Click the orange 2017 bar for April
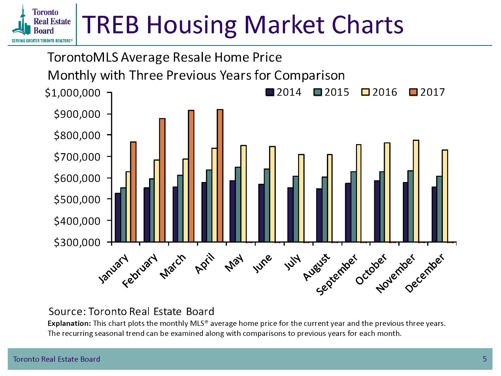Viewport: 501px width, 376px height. coord(220,175)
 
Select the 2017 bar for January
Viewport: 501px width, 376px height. coord(133,192)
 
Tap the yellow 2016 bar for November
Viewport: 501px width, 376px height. coord(416,191)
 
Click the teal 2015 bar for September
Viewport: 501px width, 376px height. coord(353,207)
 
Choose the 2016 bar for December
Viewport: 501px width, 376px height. coord(445,196)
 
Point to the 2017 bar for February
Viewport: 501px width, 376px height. coord(162,180)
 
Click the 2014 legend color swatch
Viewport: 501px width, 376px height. coord(270,92)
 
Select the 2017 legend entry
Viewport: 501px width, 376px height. coord(427,92)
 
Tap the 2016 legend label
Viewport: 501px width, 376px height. coord(385,92)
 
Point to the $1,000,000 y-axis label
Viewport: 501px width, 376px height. coord(73,93)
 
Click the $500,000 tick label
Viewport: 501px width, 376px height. coord(77,200)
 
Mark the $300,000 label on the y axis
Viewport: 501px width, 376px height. coord(77,243)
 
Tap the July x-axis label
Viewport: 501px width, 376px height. coord(292,262)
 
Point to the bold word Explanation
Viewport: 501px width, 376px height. coord(69,323)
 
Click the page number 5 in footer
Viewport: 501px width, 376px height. coord(485,359)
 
